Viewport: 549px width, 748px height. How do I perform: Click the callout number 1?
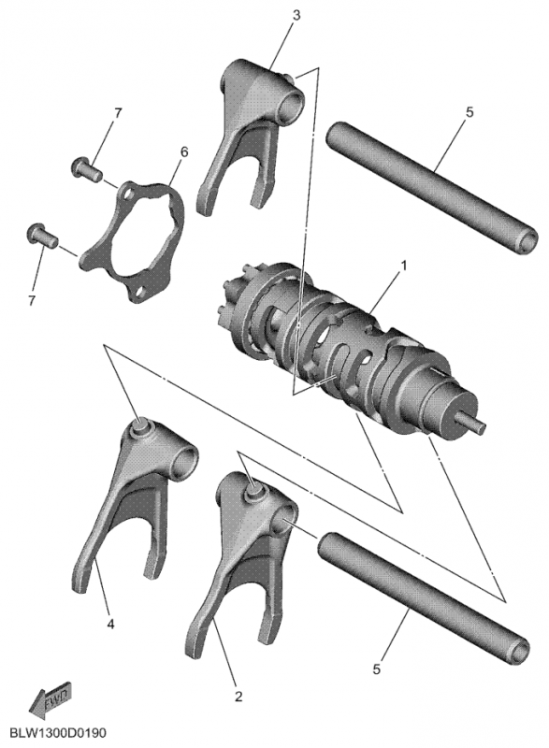coord(404,266)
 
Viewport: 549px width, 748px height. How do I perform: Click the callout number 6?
coord(184,151)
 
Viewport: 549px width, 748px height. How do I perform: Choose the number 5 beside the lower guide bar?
coord(378,669)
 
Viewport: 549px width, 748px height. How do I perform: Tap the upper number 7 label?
coord(118,113)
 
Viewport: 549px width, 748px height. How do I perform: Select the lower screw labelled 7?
coord(39,233)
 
